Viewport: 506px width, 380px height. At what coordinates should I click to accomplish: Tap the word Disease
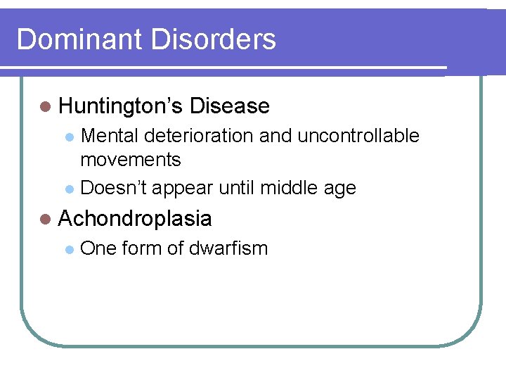[229, 106]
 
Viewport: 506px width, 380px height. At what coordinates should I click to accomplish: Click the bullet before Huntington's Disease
[46, 107]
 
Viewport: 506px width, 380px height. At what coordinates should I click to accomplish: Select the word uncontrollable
[358, 136]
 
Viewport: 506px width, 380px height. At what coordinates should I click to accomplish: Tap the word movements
[131, 160]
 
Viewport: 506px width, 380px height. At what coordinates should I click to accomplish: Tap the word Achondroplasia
[135, 219]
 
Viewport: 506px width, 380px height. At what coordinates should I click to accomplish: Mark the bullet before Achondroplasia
[46, 220]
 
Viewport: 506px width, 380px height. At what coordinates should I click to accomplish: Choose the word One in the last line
[98, 248]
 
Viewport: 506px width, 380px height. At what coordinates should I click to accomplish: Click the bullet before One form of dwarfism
[69, 249]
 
